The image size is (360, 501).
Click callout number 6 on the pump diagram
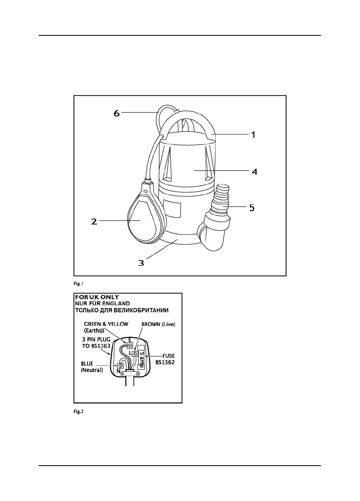pos(116,113)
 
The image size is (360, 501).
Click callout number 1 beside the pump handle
pos(253,135)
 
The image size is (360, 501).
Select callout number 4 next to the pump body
pos(254,171)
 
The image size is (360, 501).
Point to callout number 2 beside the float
pos(94,221)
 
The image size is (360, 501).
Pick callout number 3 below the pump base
pos(141,263)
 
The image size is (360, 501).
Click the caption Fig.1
pos(78,283)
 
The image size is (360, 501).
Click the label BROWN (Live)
pos(159,324)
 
